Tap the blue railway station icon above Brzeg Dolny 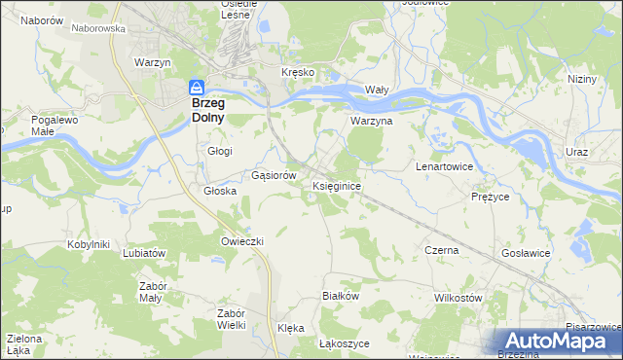(x=197, y=86)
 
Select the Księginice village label (x=338, y=185)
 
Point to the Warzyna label (x=371, y=122)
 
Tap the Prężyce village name (x=491, y=196)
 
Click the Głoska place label (x=221, y=191)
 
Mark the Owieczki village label (x=242, y=240)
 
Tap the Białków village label (x=341, y=295)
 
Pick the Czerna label (x=441, y=250)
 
